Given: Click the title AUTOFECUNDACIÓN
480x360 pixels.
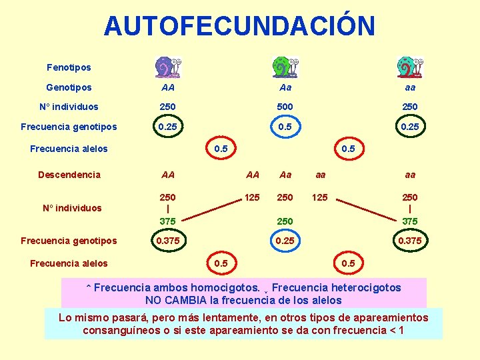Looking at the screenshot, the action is click(239, 26).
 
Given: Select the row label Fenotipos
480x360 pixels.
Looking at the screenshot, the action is click(69, 67).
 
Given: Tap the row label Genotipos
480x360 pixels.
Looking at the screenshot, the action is click(69, 87).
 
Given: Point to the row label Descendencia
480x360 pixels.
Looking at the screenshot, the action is click(69, 175).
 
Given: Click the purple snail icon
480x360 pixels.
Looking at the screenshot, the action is click(167, 67).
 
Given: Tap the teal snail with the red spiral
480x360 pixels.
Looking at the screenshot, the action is click(409, 67).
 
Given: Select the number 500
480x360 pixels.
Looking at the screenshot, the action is click(285, 107).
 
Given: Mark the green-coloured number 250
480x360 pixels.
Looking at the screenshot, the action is click(285, 221).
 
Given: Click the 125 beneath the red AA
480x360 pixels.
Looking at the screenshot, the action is click(252, 197).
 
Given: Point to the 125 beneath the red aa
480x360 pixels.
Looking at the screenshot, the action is click(320, 197).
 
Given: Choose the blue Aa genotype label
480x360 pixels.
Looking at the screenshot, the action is click(285, 87).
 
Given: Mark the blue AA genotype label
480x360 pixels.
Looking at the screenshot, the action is click(168, 87).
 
